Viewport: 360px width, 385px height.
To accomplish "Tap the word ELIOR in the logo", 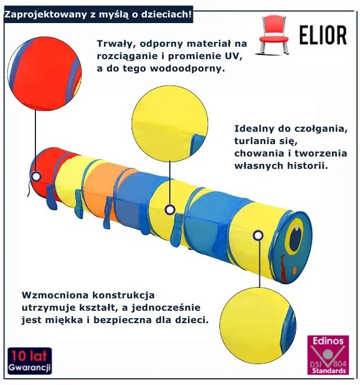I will point(323,35).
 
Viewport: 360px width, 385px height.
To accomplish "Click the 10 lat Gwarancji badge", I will point(29,361).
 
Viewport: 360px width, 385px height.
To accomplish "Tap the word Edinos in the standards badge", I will point(327,341).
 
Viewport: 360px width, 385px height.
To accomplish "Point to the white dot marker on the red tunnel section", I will point(36,176).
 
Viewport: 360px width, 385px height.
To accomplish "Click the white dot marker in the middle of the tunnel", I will point(170,209).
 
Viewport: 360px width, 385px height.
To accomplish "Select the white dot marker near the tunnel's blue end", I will point(258,235).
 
